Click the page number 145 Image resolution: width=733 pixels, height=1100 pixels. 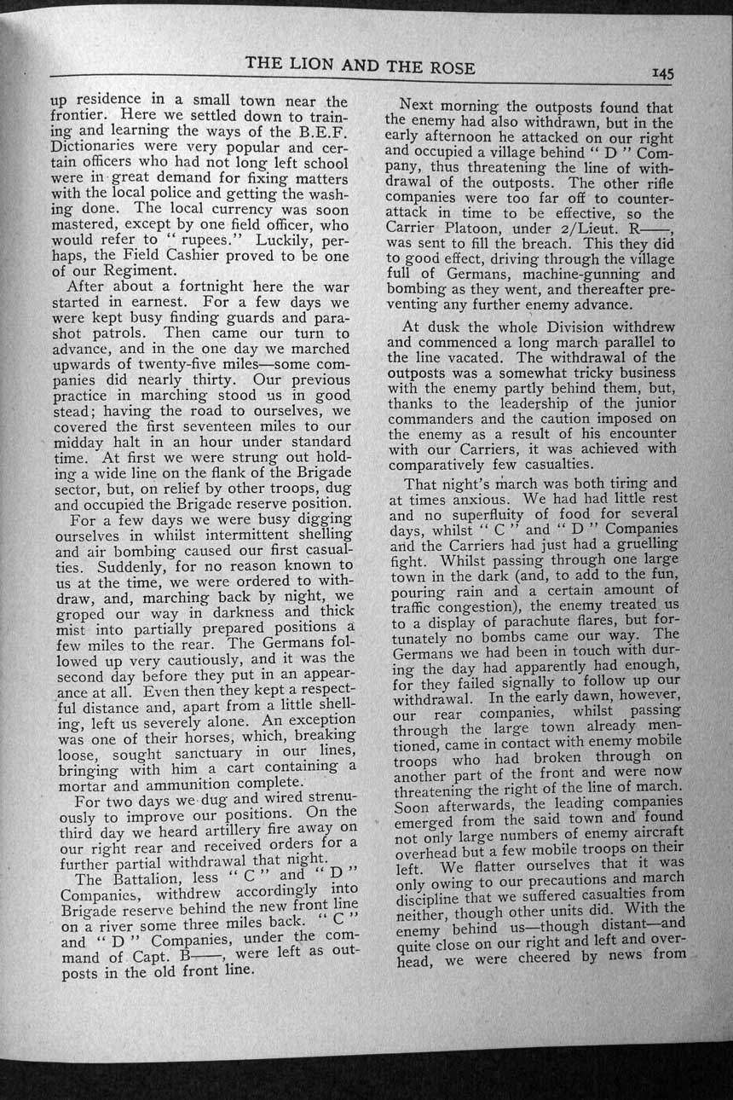(x=661, y=74)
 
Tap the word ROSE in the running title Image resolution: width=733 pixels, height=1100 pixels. (x=451, y=67)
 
